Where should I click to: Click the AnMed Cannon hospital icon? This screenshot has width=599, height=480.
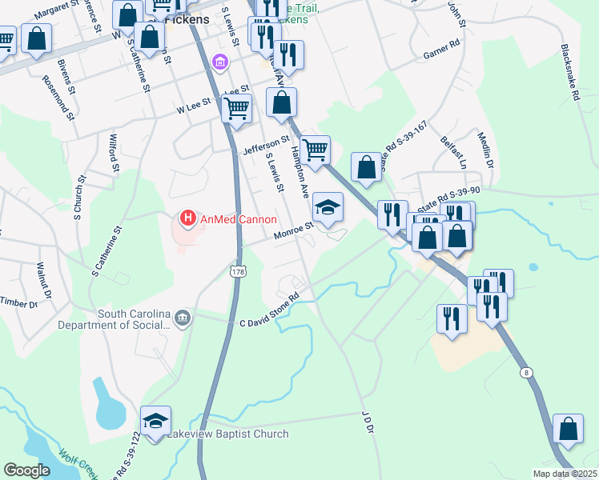(187, 218)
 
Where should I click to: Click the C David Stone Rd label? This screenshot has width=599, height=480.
(269, 310)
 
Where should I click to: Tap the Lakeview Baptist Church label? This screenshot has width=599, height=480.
(227, 434)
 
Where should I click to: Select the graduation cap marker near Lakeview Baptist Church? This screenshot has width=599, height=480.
(155, 421)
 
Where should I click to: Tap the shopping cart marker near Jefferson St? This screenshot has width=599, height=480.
(316, 150)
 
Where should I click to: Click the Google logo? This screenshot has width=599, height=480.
(26, 470)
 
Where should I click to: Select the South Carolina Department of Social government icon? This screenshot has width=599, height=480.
(183, 319)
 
